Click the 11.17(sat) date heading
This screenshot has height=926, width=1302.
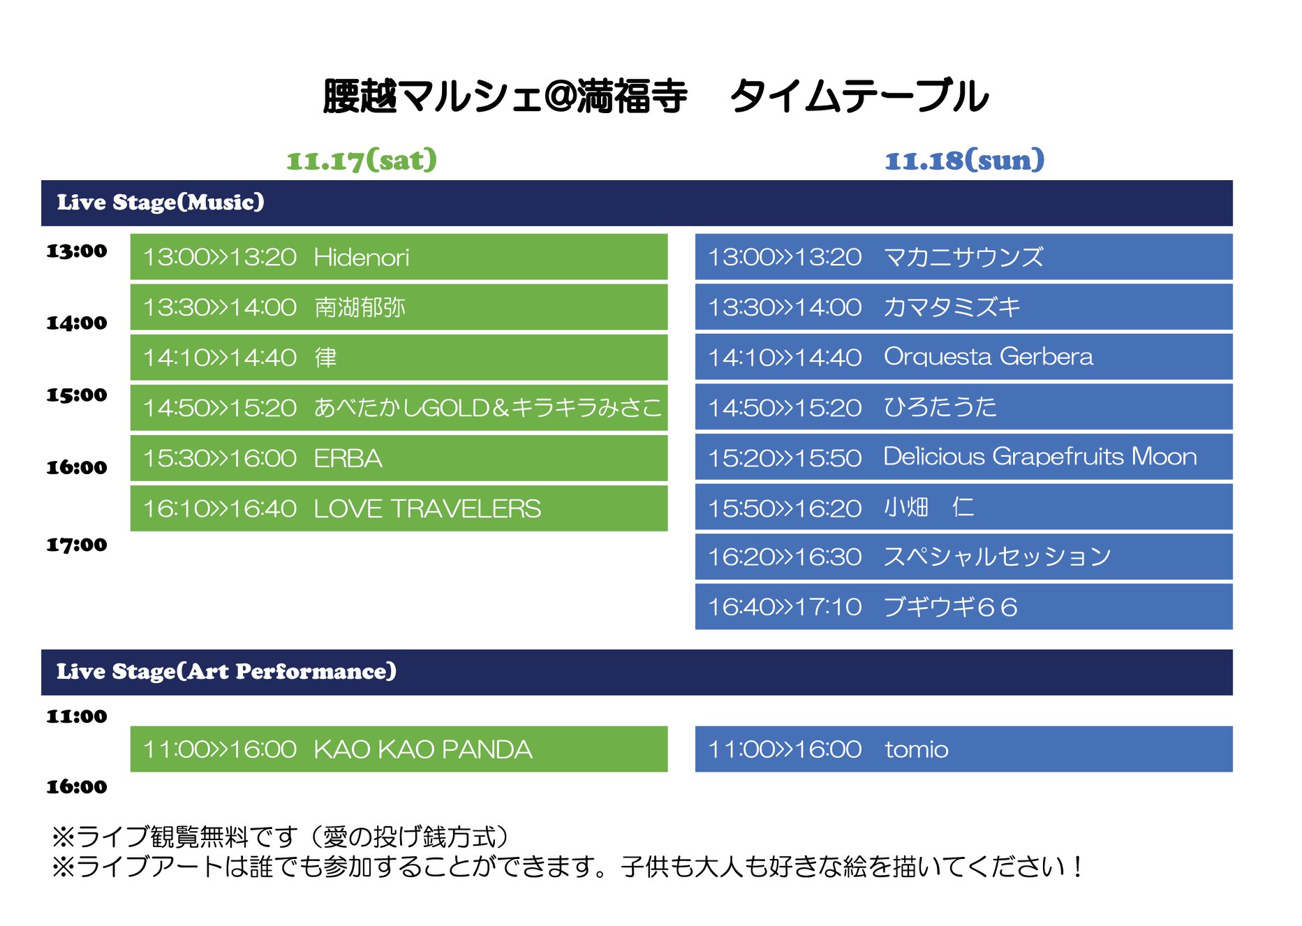tap(362, 160)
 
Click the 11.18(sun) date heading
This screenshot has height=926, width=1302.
tap(965, 160)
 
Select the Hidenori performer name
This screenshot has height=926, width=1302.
tap(362, 257)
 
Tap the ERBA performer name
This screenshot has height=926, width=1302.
tap(348, 458)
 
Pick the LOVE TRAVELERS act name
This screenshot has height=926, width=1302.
tap(427, 508)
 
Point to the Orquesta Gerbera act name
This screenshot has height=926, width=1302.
tap(988, 357)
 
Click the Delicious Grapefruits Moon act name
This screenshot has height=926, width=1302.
tap(1040, 457)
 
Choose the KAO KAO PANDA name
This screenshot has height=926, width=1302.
tap(423, 749)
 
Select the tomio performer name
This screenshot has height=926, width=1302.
tap(916, 749)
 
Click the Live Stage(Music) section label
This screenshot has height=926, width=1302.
tap(161, 202)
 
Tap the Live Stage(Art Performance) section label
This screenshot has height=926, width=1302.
tap(226, 671)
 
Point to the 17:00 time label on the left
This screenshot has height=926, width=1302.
tap(77, 545)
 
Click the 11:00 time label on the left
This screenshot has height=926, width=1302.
tap(77, 716)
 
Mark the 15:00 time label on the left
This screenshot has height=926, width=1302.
tap(77, 395)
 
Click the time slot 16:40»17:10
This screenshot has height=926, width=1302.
tap(785, 607)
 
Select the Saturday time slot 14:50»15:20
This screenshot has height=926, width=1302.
tap(220, 408)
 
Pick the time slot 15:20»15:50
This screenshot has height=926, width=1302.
tap(785, 458)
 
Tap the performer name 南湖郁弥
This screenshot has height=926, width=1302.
tap(360, 307)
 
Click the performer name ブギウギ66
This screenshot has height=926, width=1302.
tap(950, 607)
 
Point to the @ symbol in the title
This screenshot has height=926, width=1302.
tap(558, 96)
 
